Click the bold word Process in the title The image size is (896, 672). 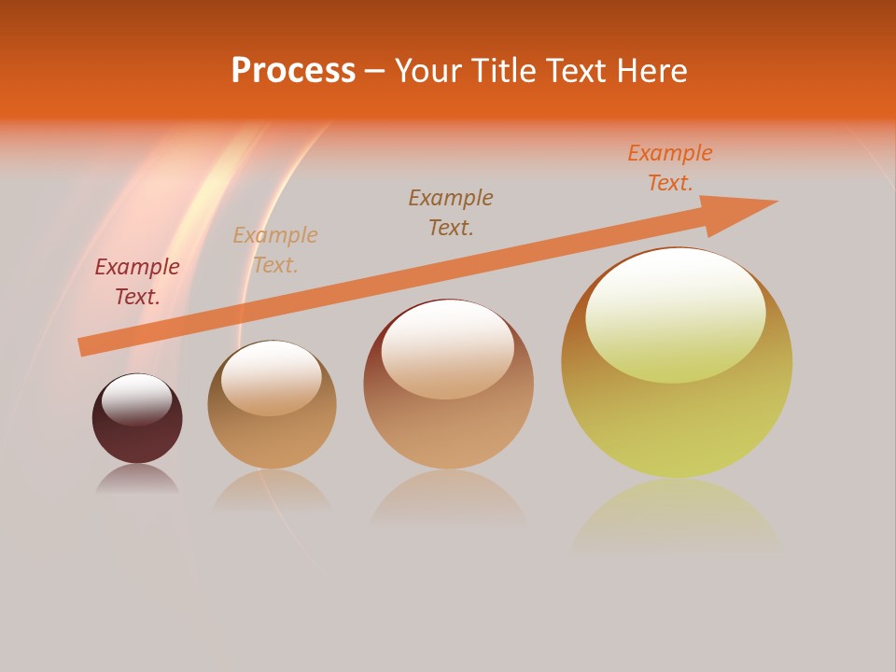293,71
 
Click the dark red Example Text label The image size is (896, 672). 137,282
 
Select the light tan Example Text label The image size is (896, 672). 275,250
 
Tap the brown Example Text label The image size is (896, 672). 451,213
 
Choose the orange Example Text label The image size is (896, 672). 670,168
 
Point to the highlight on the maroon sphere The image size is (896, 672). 136,399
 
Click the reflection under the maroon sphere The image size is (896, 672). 137,478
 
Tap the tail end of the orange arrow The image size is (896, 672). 87,345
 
